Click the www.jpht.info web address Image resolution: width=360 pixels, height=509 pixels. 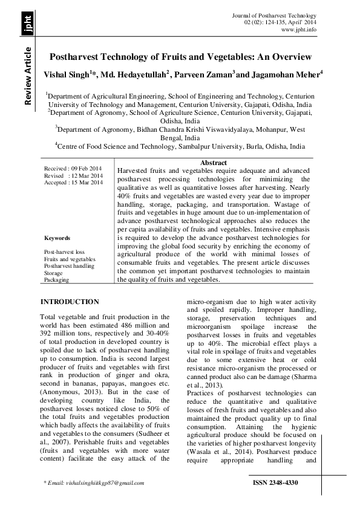coord(298,30)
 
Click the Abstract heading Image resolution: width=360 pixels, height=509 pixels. coord(213,163)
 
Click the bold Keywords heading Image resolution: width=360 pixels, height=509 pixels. coord(57,238)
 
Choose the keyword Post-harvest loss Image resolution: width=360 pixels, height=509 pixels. coord(64,251)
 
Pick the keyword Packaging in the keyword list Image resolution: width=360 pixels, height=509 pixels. coord(57,280)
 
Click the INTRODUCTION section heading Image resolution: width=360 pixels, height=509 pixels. coord(69,302)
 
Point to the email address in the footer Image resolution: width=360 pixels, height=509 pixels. coord(100,484)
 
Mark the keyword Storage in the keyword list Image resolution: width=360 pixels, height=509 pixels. coord(53,273)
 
